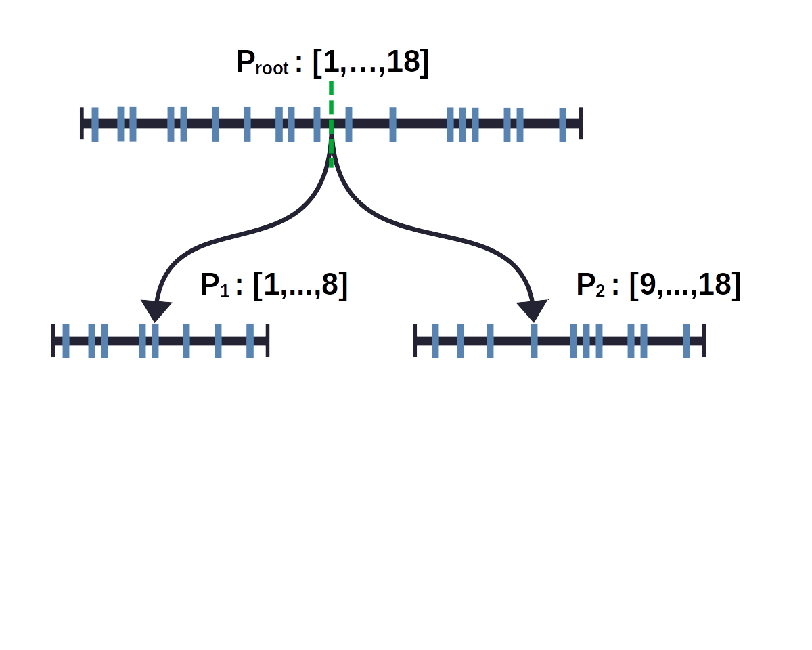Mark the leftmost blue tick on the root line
[x=95, y=124]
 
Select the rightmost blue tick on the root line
[x=563, y=125]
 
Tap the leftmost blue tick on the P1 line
[x=66, y=341]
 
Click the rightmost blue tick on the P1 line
[x=250, y=341]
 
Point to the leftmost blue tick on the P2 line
[x=435, y=341]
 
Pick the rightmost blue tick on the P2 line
[x=687, y=341]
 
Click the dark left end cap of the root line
[x=82, y=123]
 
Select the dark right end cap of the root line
[x=580, y=123]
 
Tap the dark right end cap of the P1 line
[x=268, y=341]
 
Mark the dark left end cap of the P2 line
[x=415, y=341]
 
